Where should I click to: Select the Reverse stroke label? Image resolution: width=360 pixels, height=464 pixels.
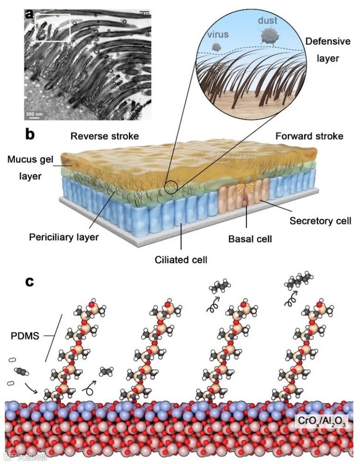pyautogui.click(x=105, y=136)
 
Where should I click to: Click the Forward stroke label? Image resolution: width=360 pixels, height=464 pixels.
pyautogui.click(x=309, y=136)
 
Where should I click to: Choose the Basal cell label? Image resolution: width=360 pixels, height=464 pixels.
pyautogui.click(x=250, y=239)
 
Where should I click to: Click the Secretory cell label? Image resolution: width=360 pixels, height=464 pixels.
pyautogui.click(x=317, y=220)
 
